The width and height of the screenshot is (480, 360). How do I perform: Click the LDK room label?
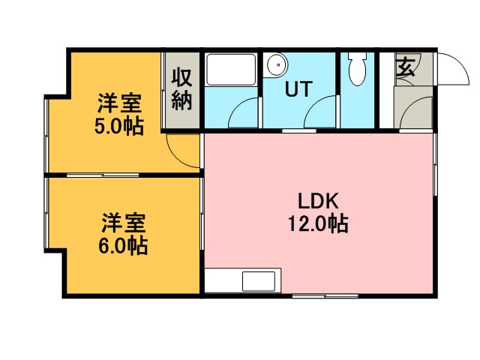pyautogui.click(x=318, y=201)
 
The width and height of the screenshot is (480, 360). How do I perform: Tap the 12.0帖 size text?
pyautogui.click(x=318, y=223)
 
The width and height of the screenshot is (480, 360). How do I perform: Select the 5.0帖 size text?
pyautogui.click(x=119, y=126)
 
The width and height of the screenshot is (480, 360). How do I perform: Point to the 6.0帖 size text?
pyautogui.click(x=123, y=245)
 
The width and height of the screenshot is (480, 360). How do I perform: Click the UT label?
pyautogui.click(x=298, y=88)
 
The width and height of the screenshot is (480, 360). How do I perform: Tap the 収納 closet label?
pyautogui.click(x=181, y=89)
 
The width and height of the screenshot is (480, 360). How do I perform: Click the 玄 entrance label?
pyautogui.click(x=406, y=67)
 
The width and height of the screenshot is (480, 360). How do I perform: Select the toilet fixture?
pyautogui.click(x=357, y=68)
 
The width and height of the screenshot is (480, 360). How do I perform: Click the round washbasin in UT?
pyautogui.click(x=277, y=64)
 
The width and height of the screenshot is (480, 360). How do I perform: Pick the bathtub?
pyautogui.click(x=231, y=70)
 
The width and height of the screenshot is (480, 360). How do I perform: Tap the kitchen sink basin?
pyautogui.click(x=259, y=281)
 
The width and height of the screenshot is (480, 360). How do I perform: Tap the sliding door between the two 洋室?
pyautogui.click(x=103, y=175)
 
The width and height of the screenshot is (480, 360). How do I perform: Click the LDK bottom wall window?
pyautogui.click(x=325, y=296)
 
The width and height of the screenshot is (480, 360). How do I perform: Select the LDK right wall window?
pyautogui.click(x=435, y=164)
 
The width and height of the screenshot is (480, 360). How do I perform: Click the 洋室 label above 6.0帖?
pyautogui.click(x=123, y=223)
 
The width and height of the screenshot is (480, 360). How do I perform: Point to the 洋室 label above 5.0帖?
pyautogui.click(x=119, y=103)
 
